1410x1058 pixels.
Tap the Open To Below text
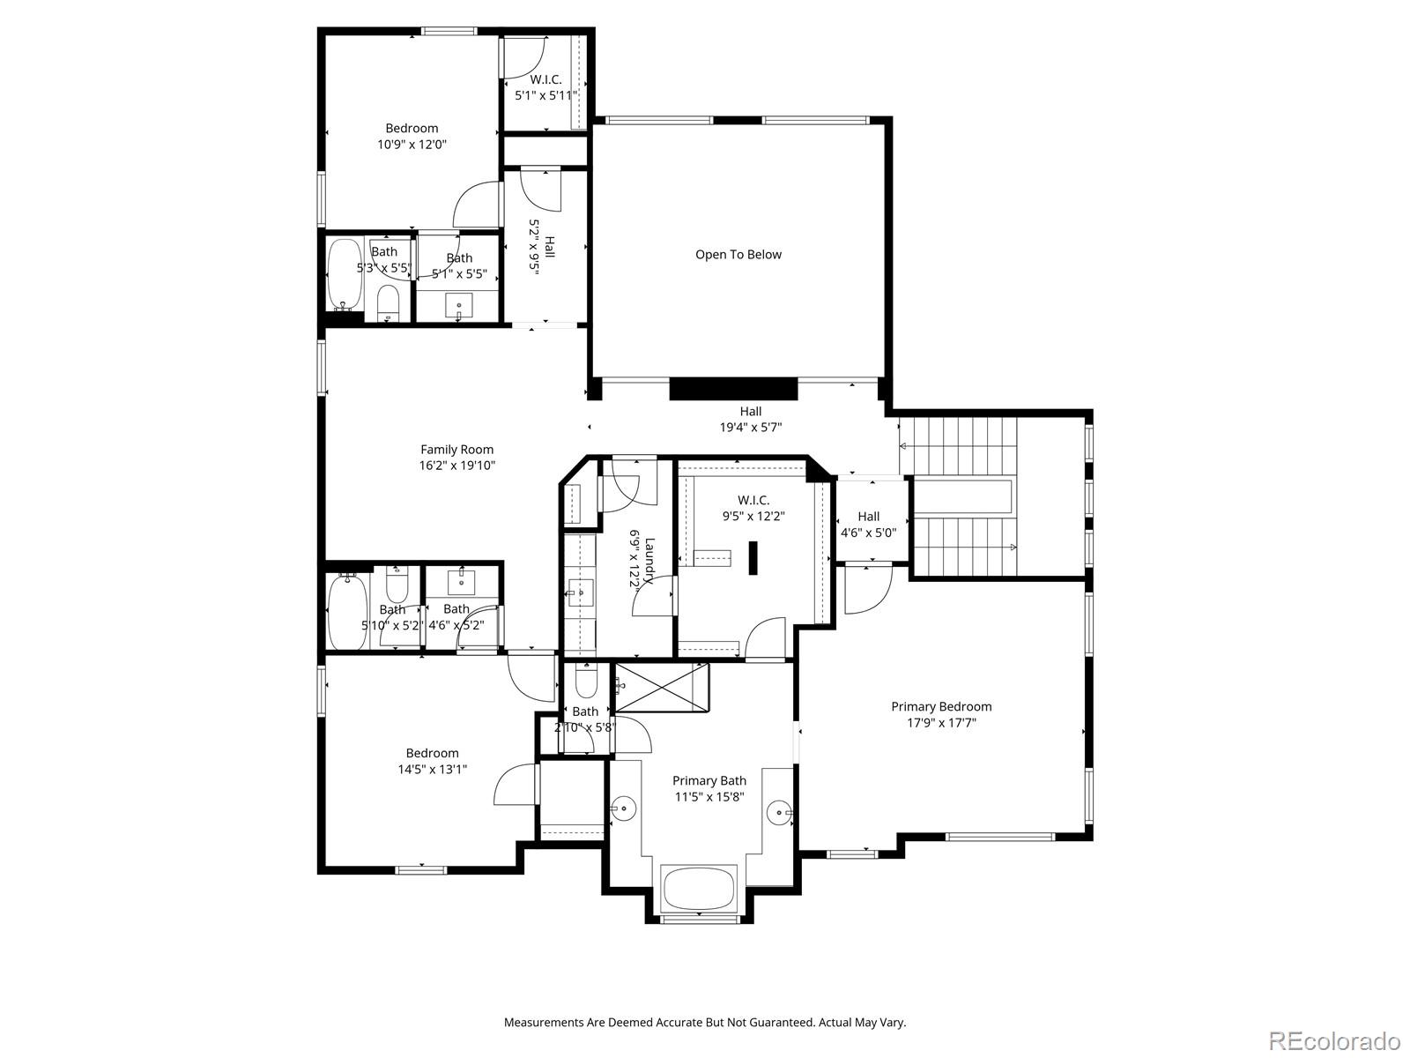pyautogui.click(x=738, y=255)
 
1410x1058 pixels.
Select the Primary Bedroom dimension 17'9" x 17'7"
pyautogui.click(x=941, y=723)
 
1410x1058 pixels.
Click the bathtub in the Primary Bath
pyautogui.click(x=699, y=888)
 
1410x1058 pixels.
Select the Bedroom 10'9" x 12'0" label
pyautogui.click(x=412, y=137)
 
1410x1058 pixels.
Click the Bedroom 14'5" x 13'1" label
pyautogui.click(x=432, y=761)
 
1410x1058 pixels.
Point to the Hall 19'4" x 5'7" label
pyautogui.click(x=751, y=419)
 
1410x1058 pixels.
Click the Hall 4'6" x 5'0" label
pyautogui.click(x=868, y=525)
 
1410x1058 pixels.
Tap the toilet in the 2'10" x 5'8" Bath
pyautogui.click(x=585, y=681)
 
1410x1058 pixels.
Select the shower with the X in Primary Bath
pyautogui.click(x=663, y=688)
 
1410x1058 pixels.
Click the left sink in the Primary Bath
pyautogui.click(x=624, y=807)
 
